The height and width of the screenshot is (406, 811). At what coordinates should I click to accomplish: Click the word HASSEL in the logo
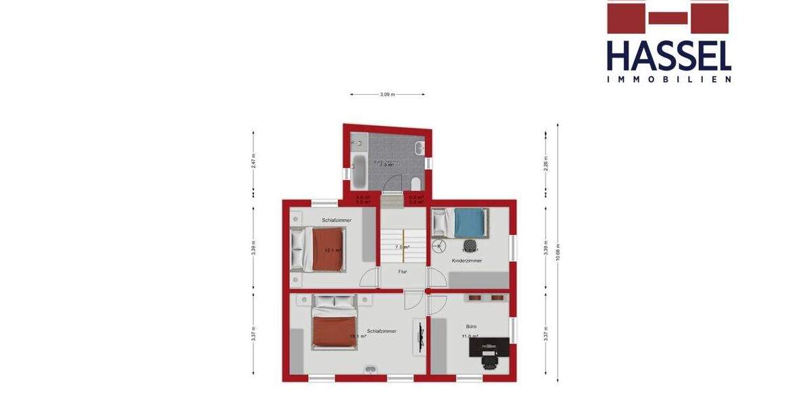668,55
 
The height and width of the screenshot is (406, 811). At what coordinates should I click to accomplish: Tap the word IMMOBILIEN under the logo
668,79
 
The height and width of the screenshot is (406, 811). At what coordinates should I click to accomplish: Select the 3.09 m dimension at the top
387,95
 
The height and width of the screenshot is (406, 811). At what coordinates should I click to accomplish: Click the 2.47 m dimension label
253,160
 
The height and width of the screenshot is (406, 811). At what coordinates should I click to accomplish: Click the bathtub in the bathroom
358,171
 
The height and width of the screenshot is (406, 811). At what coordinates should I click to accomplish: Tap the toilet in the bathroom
416,183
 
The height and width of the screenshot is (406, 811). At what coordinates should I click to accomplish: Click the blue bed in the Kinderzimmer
469,223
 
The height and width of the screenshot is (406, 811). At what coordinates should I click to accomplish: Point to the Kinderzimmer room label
467,260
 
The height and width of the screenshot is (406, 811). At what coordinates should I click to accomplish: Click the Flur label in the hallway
402,271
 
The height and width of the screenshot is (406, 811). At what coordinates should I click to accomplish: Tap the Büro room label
470,325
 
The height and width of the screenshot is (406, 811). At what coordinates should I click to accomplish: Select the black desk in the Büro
489,346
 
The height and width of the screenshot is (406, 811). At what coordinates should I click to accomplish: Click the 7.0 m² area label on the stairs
403,247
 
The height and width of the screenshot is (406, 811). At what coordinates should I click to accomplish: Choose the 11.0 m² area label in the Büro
470,336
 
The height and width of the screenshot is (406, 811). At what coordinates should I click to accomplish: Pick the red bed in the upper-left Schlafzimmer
327,248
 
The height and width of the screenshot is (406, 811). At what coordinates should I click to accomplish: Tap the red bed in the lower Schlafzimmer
333,331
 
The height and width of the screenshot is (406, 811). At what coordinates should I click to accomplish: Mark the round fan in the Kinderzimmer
440,244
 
